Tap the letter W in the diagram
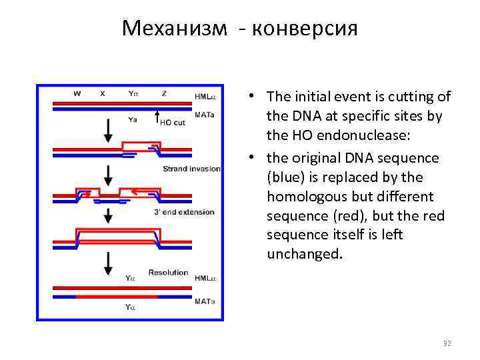click(x=77, y=94)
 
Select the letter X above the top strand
click(x=102, y=94)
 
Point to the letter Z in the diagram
click(x=164, y=94)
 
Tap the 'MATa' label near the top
click(x=204, y=114)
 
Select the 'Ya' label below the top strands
click(x=132, y=120)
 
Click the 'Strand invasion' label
click(x=191, y=169)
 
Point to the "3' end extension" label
click(x=184, y=212)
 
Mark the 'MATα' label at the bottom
click(x=205, y=301)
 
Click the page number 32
click(x=447, y=343)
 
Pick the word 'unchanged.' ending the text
click(x=305, y=254)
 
